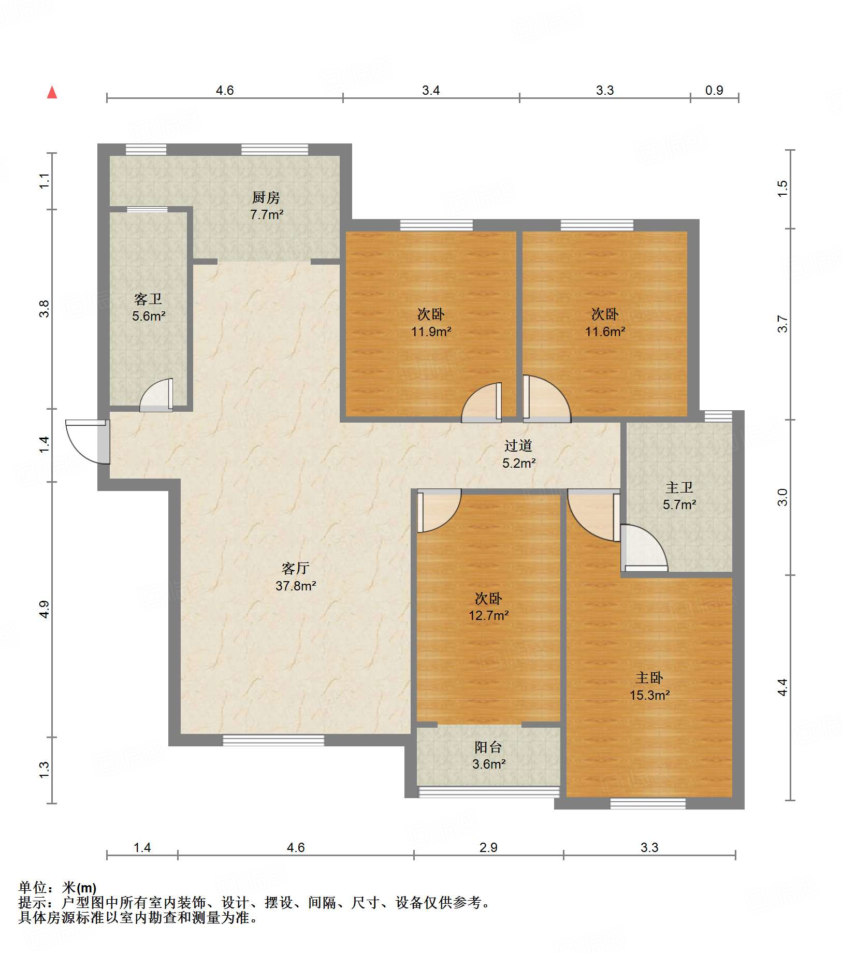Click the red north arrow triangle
52,92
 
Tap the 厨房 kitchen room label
266,197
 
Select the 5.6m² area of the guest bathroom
149,316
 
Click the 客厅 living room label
296,568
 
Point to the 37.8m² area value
296,586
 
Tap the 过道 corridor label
518,445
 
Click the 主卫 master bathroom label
679,487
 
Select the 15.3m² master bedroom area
649,695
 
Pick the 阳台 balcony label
488,747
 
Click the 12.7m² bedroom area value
488,615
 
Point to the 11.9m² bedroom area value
431,331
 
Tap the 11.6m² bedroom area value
605,331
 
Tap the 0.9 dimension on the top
714,90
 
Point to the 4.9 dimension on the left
45,609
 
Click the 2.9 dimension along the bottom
488,847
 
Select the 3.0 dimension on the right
782,497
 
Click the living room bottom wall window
273,740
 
